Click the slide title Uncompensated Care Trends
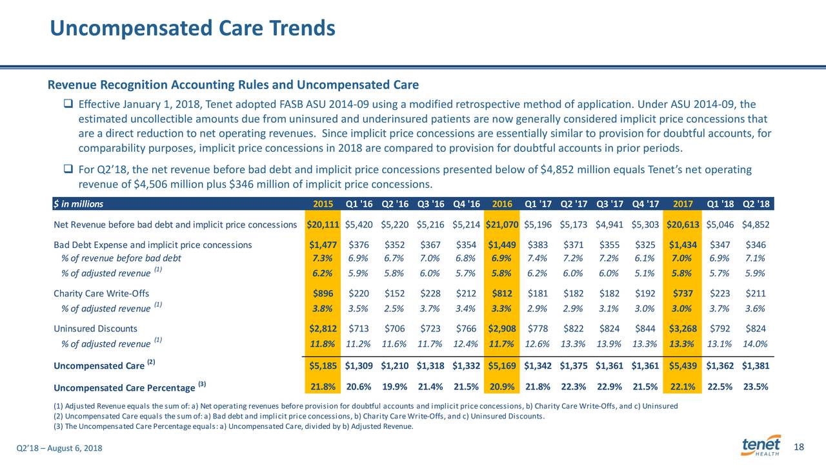192,28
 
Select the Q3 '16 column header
430,204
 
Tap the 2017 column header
683,204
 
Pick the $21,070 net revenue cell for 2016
502,225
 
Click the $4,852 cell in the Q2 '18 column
756,225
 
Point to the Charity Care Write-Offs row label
101,293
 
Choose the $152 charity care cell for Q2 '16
394,293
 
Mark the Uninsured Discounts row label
96,329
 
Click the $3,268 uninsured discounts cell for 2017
683,329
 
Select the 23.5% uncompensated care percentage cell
756,387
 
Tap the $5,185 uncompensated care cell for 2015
323,366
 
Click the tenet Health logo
761,446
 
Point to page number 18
799,448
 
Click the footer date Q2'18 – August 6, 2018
59,448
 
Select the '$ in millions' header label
79,204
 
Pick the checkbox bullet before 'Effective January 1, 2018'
68,103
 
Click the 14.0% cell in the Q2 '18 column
755,344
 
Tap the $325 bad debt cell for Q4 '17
645,245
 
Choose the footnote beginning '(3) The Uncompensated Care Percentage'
234,427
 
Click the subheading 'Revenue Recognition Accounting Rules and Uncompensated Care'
233,85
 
